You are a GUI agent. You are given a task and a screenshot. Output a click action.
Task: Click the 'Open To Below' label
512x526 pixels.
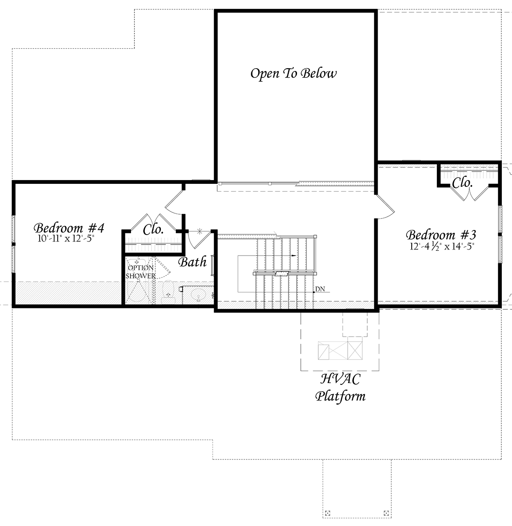click(293, 73)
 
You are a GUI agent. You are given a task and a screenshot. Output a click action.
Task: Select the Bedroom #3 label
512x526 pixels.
click(441, 235)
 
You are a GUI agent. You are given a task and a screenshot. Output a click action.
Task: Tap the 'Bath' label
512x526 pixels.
click(192, 262)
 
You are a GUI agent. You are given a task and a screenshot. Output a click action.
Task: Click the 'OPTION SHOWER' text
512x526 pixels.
click(140, 272)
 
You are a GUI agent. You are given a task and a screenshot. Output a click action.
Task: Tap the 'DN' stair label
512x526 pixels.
click(320, 289)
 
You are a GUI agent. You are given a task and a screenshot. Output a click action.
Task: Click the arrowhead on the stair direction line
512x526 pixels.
click(294, 256)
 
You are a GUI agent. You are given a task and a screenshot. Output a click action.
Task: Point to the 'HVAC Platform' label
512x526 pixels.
click(340, 387)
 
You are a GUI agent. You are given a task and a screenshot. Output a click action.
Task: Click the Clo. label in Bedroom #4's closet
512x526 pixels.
click(153, 230)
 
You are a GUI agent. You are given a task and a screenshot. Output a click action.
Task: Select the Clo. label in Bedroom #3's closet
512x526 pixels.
click(462, 183)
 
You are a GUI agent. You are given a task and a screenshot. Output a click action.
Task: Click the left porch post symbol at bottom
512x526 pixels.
click(328, 512)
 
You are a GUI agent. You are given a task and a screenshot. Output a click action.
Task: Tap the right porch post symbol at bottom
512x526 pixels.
click(386, 512)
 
